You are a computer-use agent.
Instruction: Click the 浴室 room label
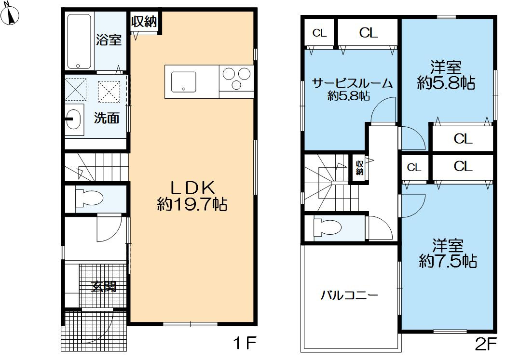pos(109,40)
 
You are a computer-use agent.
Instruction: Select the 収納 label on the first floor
pos(144,22)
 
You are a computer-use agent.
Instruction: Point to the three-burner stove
pos(236,79)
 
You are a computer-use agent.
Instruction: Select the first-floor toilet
pos(89,198)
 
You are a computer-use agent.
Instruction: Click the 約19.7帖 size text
pos(192,205)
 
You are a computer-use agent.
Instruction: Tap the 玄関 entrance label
pos(104,287)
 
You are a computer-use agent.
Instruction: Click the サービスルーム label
pos(352,83)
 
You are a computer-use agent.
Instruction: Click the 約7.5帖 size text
pos(448,261)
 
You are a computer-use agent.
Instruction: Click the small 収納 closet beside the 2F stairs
pos(359,168)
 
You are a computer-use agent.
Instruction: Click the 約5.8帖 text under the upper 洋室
pos(446,84)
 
